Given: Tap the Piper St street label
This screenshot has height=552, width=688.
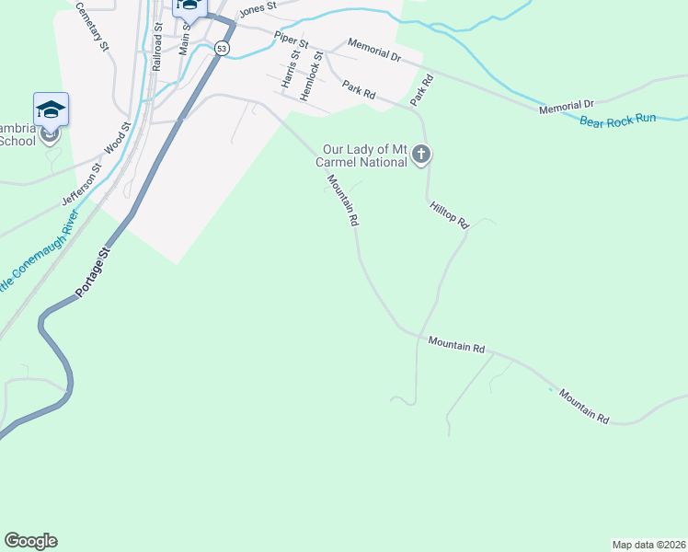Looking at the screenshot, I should [291, 43].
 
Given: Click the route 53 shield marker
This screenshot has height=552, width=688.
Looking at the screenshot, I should [222, 49].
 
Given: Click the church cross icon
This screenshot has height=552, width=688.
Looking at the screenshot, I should [421, 154].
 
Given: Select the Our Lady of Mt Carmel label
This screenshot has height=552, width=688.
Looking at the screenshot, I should [364, 155].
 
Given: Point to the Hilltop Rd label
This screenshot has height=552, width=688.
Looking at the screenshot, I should [449, 215].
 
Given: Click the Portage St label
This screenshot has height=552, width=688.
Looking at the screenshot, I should [92, 271].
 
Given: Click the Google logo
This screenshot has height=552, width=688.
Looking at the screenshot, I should [30, 541].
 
